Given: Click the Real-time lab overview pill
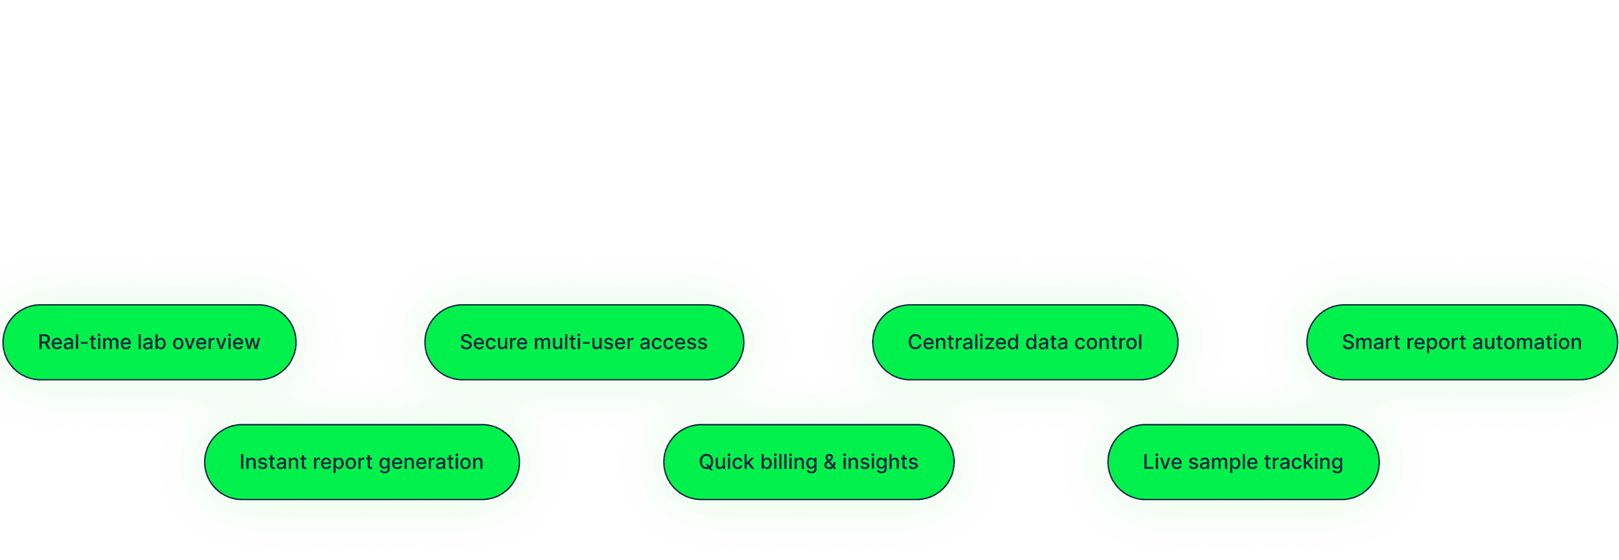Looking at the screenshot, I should coord(149,342).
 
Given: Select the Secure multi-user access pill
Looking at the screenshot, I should coord(583,342).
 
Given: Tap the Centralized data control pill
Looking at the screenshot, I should coord(1025,342).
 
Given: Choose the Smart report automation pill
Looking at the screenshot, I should coord(1461,342).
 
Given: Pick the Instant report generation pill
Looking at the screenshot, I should coord(361,462).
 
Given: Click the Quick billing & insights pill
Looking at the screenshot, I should coord(808,462).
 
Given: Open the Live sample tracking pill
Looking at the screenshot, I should coord(1243,462).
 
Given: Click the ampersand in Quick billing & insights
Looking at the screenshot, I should coord(829,462).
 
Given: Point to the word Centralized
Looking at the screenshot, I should coord(962,342).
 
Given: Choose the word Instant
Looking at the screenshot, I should coord(270,462).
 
